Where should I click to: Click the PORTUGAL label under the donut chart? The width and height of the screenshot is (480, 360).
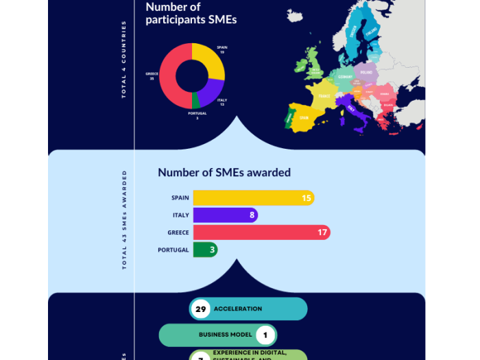[197, 113]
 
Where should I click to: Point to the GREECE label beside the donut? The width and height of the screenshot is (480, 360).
[152, 73]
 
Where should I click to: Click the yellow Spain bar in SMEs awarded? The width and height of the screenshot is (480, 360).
[247, 198]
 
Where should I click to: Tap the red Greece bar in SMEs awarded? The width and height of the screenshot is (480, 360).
[254, 232]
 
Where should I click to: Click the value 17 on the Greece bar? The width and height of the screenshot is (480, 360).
[322, 232]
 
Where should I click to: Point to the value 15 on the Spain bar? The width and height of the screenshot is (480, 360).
[307, 198]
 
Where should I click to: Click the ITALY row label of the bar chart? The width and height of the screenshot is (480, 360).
[180, 215]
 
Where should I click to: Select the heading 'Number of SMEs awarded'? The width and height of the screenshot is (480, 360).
[224, 173]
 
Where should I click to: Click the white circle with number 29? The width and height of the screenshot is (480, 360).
[201, 309]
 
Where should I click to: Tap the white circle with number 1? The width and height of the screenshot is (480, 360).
[265, 335]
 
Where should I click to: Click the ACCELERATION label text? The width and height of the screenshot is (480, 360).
[238, 309]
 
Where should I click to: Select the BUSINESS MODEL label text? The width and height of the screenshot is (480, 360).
[226, 335]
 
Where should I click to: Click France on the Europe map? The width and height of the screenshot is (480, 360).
[322, 96]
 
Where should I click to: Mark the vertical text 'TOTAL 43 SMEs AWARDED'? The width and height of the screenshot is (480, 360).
[125, 219]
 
